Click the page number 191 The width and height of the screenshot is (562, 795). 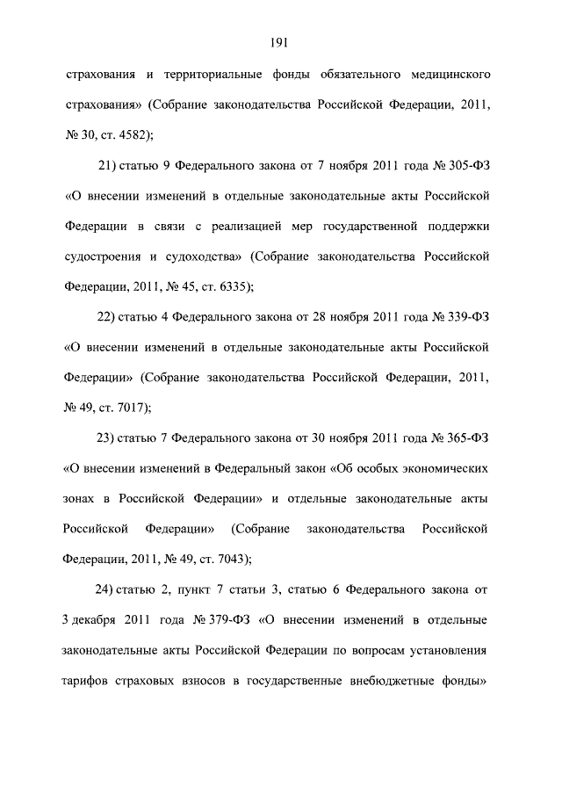[x=281, y=41]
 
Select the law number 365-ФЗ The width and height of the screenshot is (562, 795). [x=472, y=437]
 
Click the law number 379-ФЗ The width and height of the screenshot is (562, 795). [x=230, y=618]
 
